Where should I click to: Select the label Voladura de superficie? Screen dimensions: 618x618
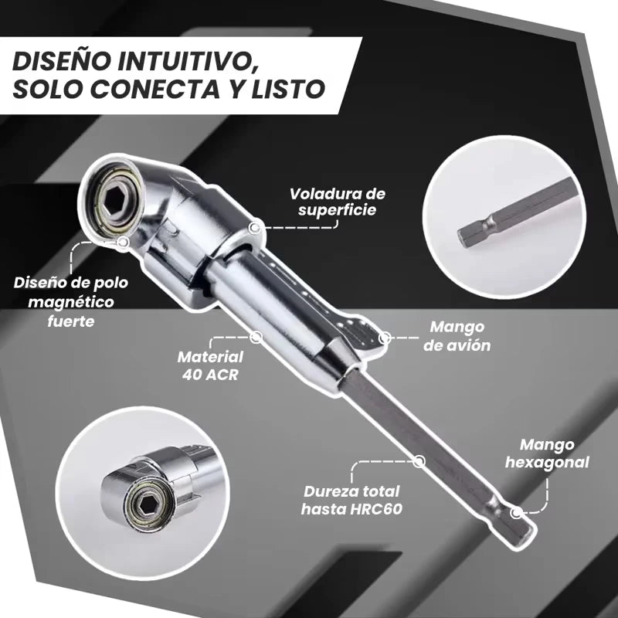tap(337, 201)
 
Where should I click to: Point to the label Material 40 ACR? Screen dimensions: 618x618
tap(210, 366)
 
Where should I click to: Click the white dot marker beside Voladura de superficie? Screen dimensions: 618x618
tap(256, 227)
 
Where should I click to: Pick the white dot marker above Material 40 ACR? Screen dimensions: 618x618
tap(256, 337)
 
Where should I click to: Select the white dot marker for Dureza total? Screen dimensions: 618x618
tap(419, 461)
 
